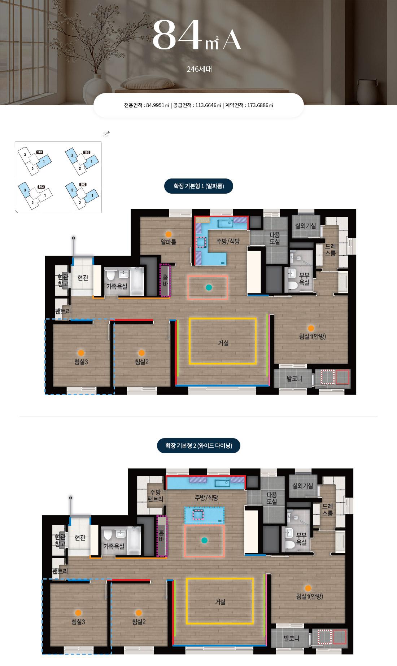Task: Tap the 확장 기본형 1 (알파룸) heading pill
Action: pos(199,186)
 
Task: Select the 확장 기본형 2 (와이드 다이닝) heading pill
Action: pos(199,446)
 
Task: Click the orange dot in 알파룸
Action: pos(169,234)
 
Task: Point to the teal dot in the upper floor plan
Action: pos(208,287)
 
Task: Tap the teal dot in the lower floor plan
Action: pos(204,540)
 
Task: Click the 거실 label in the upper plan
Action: pos(223,343)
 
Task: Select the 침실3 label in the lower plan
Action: pos(78,621)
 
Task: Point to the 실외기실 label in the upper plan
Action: pos(306,226)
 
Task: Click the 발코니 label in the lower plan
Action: pos(291,638)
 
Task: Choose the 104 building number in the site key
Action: pos(87,153)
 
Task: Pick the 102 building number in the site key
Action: pos(41,187)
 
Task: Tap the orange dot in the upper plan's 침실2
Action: pos(142,353)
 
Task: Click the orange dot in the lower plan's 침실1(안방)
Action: pos(308,588)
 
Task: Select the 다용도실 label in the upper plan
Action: pos(275,238)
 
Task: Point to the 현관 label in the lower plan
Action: pos(80,538)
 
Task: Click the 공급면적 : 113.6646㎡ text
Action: pos(197,105)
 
